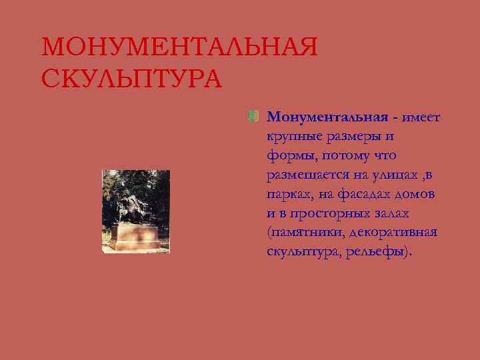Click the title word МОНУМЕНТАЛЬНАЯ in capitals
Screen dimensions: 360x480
coord(179,48)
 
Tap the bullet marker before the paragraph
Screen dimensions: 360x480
coord(253,117)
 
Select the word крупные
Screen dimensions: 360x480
coord(290,137)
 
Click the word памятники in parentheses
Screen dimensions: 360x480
coord(303,233)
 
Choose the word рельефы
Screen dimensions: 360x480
coord(376,253)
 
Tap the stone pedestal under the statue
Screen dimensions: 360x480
coord(137,236)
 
